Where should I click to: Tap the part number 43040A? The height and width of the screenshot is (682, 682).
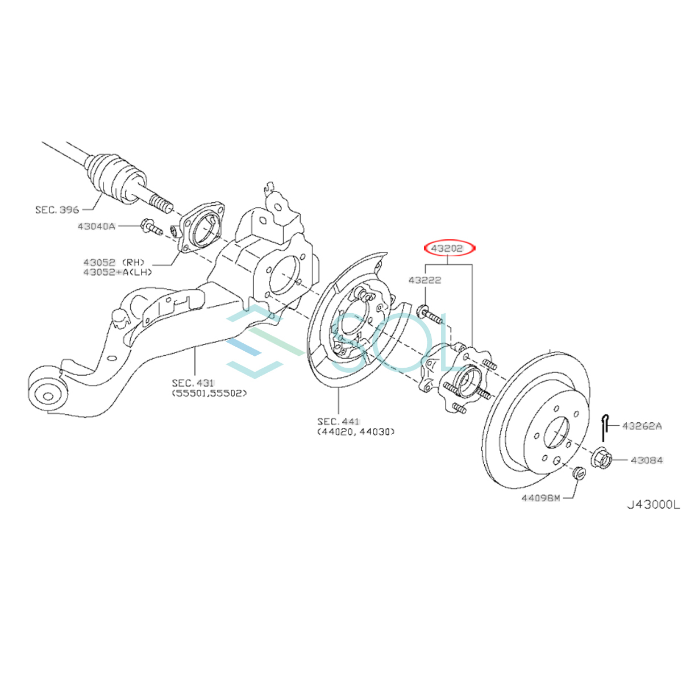click(96, 227)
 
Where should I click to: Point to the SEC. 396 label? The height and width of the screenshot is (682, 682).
click(57, 210)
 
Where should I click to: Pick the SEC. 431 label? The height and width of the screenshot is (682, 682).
click(193, 384)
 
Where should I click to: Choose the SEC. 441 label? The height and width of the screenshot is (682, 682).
click(338, 421)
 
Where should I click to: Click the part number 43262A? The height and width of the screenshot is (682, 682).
click(642, 426)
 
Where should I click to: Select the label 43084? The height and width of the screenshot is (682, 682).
click(646, 460)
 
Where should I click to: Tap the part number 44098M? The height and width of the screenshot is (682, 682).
click(540, 498)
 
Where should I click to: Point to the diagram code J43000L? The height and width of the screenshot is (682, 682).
click(652, 504)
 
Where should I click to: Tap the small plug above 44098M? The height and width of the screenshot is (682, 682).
click(578, 472)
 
